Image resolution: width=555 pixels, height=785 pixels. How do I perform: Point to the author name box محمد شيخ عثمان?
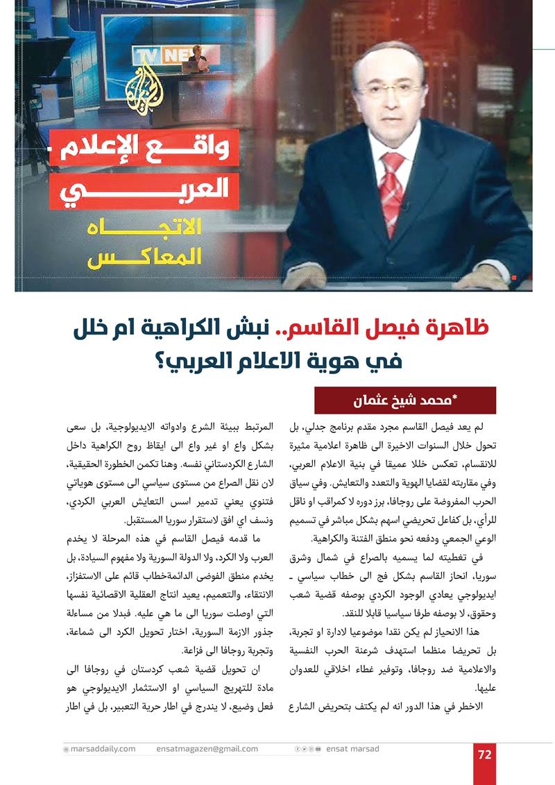pos(405,400)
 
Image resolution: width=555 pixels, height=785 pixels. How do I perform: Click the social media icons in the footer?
pos(308,749)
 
